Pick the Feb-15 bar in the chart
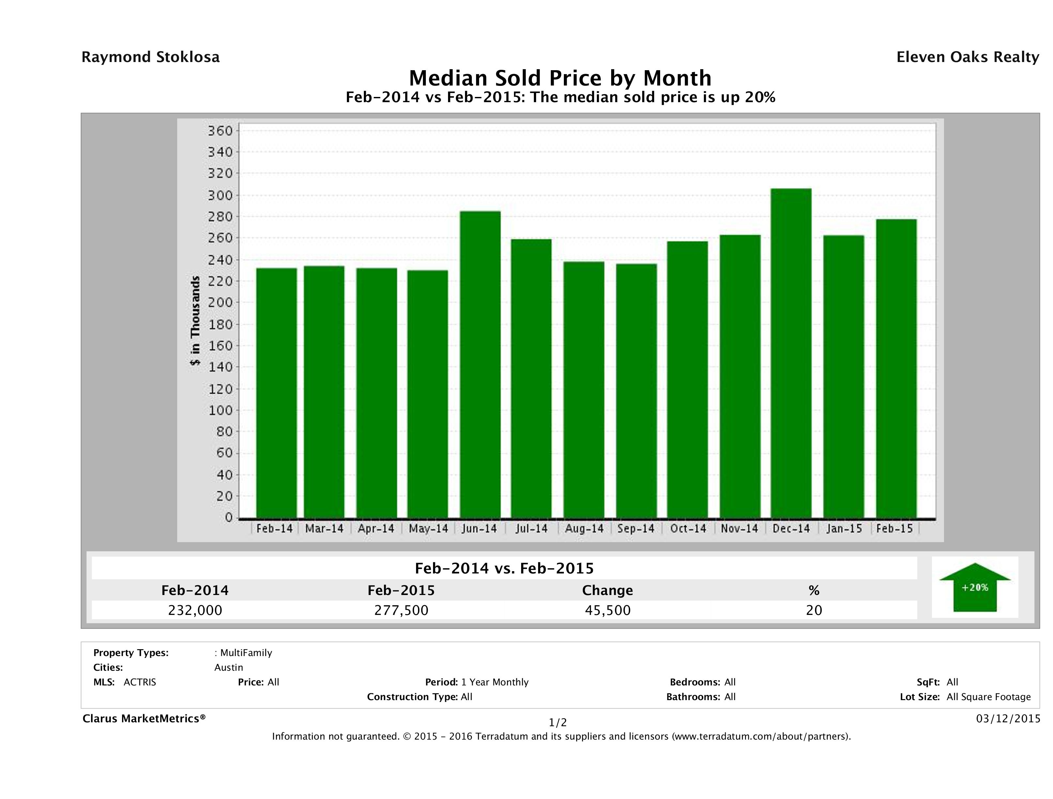coord(896,368)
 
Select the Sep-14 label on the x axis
coord(636,528)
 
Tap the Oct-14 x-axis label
coord(688,528)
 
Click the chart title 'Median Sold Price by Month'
coord(560,78)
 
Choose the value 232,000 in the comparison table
coord(195,610)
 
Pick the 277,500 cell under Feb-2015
coord(401,610)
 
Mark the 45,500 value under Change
coord(608,610)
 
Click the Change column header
coord(608,590)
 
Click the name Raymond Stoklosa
coord(150,57)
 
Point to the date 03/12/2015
coord(1008,718)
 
